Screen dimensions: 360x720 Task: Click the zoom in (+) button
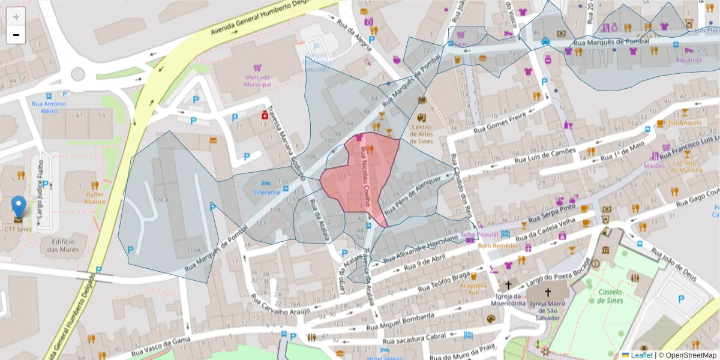16,17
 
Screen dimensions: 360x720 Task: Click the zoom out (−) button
16,35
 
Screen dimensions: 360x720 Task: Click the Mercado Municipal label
257,81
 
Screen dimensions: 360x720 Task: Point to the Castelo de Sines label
610,296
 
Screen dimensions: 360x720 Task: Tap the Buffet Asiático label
94,198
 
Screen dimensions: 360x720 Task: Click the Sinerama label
266,192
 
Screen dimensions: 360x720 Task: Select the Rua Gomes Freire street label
500,122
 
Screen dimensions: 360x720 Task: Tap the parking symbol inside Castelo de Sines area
681,299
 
